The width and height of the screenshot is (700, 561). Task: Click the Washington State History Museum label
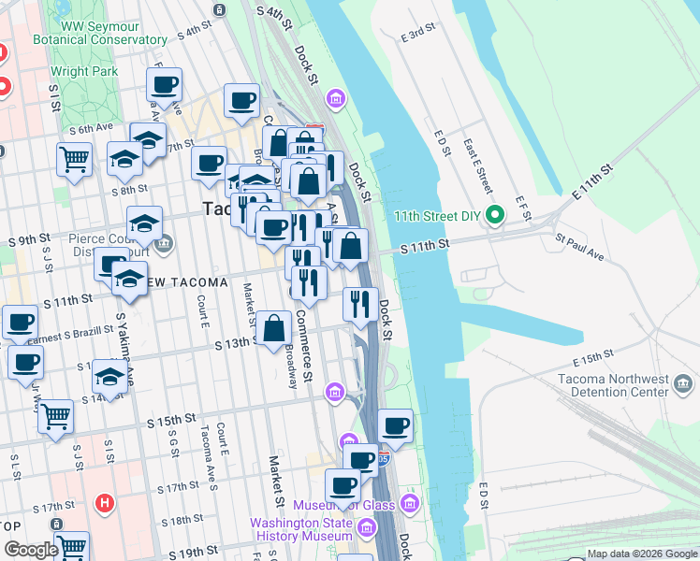pyautogui.click(x=300, y=530)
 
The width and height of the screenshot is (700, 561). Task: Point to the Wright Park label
pyautogui.click(x=83, y=70)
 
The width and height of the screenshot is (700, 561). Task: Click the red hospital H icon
pyautogui.click(x=105, y=504)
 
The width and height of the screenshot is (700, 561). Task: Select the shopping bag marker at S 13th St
pyautogui.click(x=274, y=328)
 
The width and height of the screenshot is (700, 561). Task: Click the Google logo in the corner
pyautogui.click(x=31, y=550)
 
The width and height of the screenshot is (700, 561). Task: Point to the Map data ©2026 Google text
pyautogui.click(x=642, y=554)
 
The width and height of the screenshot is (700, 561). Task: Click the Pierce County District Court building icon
pyautogui.click(x=165, y=245)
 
